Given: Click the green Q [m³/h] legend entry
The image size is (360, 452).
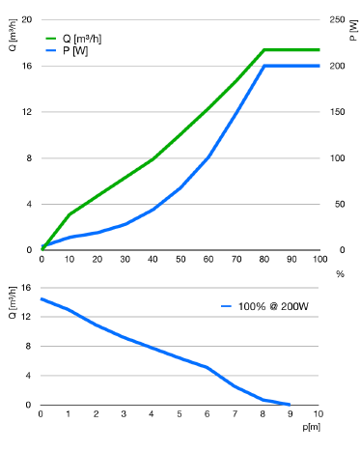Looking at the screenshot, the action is point(73,39).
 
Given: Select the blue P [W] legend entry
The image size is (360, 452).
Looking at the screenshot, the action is point(67,51).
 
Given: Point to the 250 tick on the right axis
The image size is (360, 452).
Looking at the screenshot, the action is point(337,19).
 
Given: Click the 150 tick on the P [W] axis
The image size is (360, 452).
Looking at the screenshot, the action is point(337,112).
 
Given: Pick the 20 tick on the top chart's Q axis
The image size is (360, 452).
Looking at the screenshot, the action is point(27,19).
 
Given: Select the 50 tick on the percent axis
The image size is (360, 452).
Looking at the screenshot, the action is point(180,259).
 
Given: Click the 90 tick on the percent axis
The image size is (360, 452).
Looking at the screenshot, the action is point(291,259).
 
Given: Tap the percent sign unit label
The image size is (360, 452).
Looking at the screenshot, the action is point(340,274).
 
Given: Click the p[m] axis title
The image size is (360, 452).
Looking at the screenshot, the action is point(312,427).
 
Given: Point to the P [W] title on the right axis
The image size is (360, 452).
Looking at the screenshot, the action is point(353,30).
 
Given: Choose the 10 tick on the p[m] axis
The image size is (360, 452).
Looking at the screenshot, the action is point(318,413).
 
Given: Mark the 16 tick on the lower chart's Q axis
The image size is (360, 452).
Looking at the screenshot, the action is point(26,288).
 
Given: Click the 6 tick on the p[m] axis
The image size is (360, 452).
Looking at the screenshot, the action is point(207,413).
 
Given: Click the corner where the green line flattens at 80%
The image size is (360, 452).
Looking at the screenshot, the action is point(264,50).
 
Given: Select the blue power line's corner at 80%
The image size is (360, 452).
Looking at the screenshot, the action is point(264,66).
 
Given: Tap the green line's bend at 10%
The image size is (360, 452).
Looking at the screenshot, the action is point(69,214).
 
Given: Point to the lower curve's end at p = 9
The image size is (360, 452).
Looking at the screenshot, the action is point(290,405).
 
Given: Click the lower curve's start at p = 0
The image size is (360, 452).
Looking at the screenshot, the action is point(42,299).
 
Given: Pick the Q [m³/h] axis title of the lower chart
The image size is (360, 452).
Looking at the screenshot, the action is point(13,302).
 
